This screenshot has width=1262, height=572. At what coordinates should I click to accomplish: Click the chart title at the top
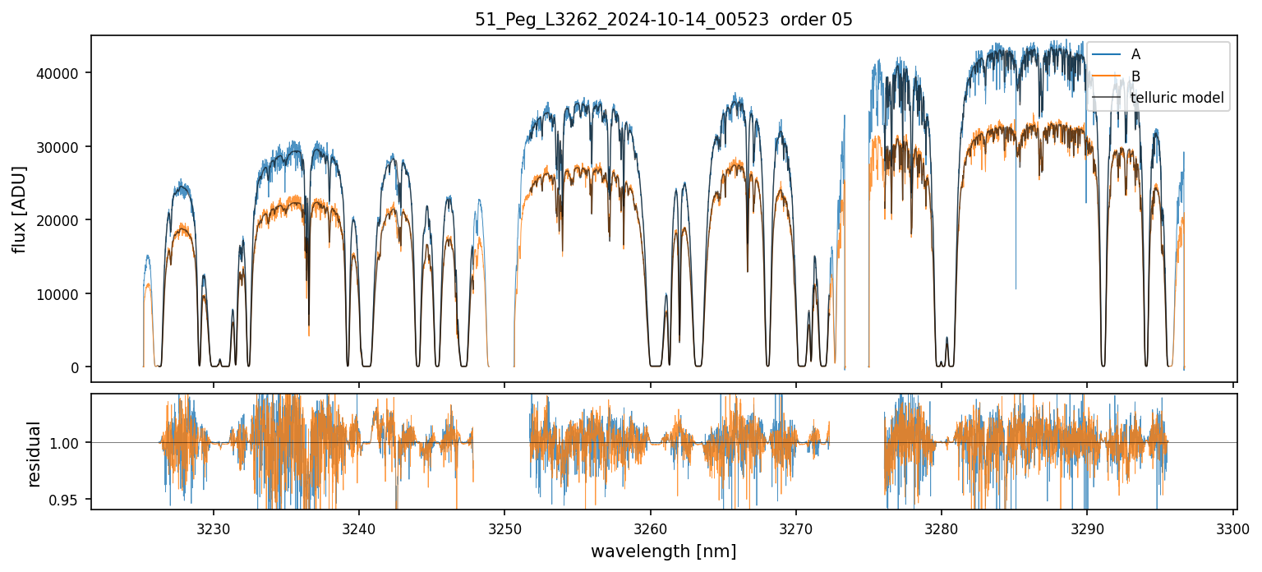point(664,20)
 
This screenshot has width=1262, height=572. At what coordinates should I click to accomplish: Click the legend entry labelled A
point(1135,54)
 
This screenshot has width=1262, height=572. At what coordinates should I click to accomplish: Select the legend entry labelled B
point(1135,76)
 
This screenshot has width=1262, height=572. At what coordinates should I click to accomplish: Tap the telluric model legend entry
point(1177,99)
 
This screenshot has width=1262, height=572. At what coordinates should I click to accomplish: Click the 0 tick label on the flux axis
point(76,367)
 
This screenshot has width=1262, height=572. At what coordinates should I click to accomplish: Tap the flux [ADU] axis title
point(19,209)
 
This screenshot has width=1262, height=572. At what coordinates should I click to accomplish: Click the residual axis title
point(34,454)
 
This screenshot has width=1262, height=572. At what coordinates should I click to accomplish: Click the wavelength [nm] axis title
point(663,551)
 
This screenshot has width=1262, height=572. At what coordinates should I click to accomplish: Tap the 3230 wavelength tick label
point(214,529)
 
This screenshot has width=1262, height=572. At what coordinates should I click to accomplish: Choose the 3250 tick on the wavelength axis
point(504,529)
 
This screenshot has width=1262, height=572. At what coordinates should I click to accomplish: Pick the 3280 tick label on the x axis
point(942,529)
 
